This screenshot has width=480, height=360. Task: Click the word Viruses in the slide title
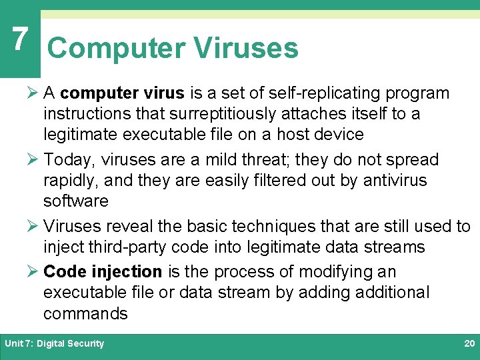pos(245,48)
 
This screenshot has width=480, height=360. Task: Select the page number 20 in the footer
pos(469,343)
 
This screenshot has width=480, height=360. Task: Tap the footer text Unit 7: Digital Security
pos(55,343)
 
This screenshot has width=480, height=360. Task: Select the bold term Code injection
pos(103,272)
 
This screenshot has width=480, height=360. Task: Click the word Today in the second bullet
pos(69,160)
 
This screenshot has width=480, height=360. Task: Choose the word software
pos(75,201)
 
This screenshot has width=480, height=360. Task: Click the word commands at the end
pos(85,313)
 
